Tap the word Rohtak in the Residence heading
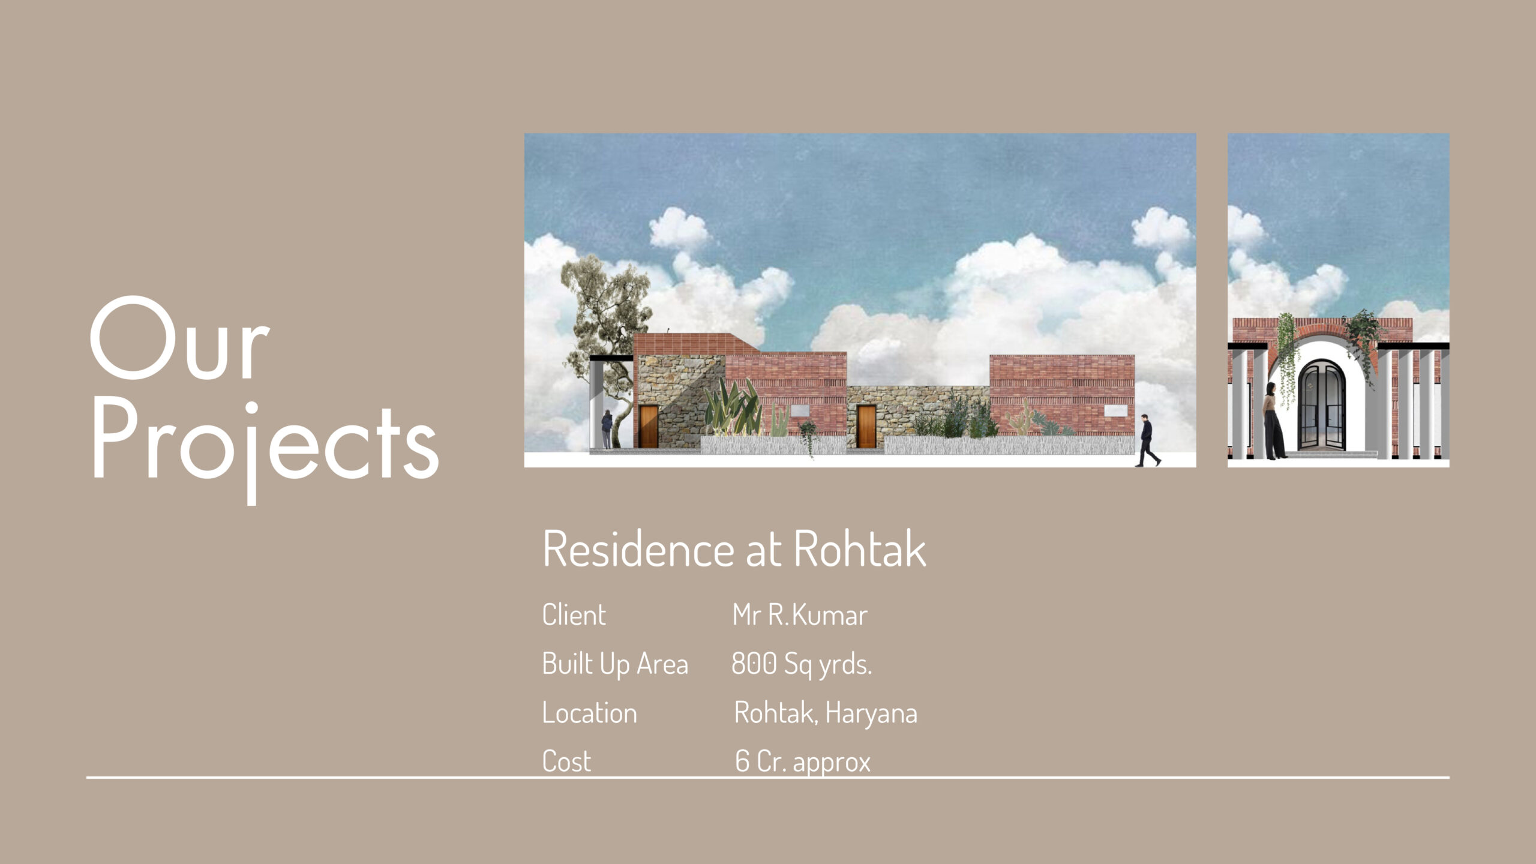coord(860,548)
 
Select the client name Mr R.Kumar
coord(800,615)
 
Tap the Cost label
coord(566,762)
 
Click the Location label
coord(589,713)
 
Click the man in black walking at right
coord(1147,440)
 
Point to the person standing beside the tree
coord(607,429)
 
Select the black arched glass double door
coord(1322,413)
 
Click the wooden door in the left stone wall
coord(649,427)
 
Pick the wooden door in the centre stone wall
coord(866,427)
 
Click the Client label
coord(574,615)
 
